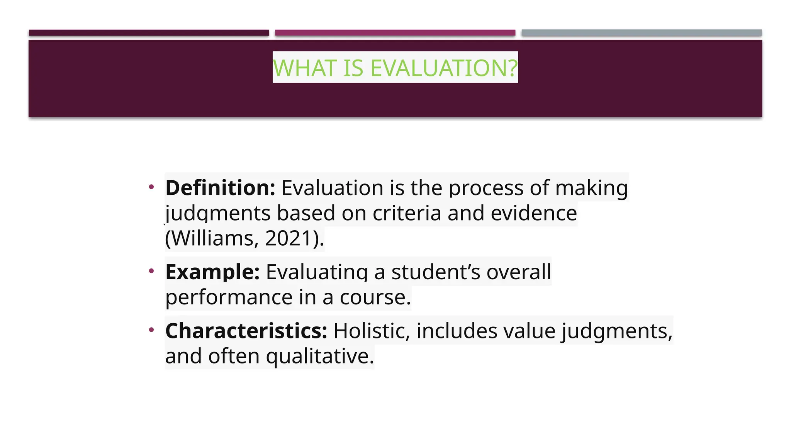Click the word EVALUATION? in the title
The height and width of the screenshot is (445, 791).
[x=444, y=68]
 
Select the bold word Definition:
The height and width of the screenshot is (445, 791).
[x=220, y=188]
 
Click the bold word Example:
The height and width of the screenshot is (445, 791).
[x=212, y=272]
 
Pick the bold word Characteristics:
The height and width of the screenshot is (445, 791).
[x=246, y=331]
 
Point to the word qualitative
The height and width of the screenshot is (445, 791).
[x=320, y=356]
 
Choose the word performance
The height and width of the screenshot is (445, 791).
[x=229, y=297]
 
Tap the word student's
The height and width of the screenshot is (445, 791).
[x=436, y=272]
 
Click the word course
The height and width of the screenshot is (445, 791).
[x=375, y=297]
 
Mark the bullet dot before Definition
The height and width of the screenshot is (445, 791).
[x=151, y=187]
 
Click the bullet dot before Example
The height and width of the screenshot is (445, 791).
[x=151, y=271]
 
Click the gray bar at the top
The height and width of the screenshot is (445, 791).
[x=642, y=33]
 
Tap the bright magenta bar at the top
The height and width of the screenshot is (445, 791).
[x=395, y=33]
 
